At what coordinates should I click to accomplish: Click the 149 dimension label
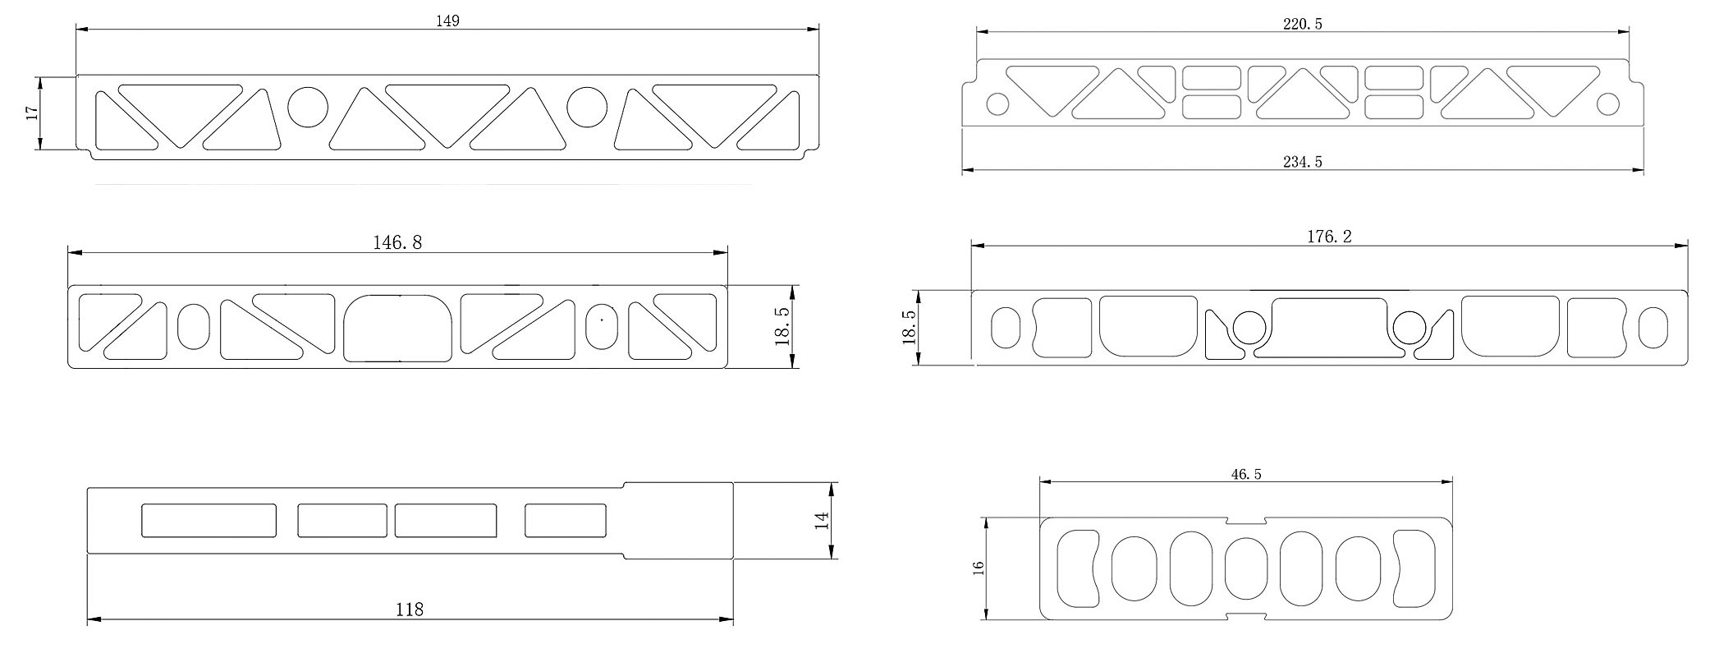447,21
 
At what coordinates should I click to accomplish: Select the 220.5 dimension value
1303,24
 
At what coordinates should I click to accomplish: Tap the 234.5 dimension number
1303,162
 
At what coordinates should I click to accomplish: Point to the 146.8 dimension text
398,242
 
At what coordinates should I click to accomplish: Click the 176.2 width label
1329,237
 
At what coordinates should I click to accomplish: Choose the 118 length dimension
410,609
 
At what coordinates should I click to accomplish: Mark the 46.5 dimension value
1246,474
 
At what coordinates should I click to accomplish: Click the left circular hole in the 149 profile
308,107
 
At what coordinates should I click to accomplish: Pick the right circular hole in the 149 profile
587,107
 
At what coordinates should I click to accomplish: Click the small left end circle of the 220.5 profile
997,104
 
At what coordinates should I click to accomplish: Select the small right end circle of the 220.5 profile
1608,104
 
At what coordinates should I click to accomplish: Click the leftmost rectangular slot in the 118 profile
209,521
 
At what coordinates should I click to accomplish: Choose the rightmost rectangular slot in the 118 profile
566,521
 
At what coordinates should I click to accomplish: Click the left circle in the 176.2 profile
1249,327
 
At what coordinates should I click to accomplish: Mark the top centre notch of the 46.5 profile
1246,521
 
